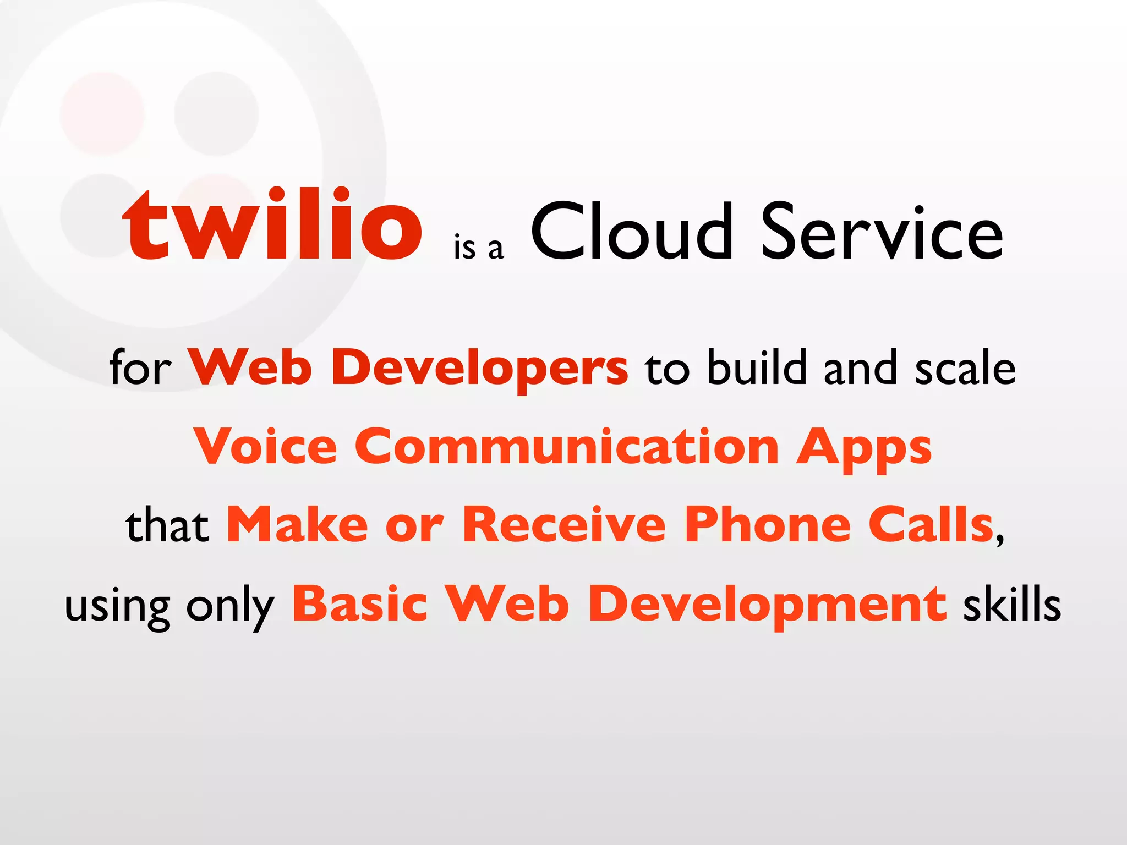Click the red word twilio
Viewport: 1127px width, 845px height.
pos(272,226)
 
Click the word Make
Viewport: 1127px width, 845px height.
pos(297,525)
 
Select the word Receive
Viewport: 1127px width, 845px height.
pos(564,525)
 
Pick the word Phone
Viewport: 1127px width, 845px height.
pos(768,525)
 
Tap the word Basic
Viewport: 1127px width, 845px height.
pos(359,604)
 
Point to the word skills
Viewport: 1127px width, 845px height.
pos(1011,604)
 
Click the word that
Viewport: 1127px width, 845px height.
pos(167,526)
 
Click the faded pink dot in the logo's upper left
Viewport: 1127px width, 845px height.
pos(102,113)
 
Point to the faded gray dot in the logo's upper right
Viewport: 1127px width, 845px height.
pos(216,113)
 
